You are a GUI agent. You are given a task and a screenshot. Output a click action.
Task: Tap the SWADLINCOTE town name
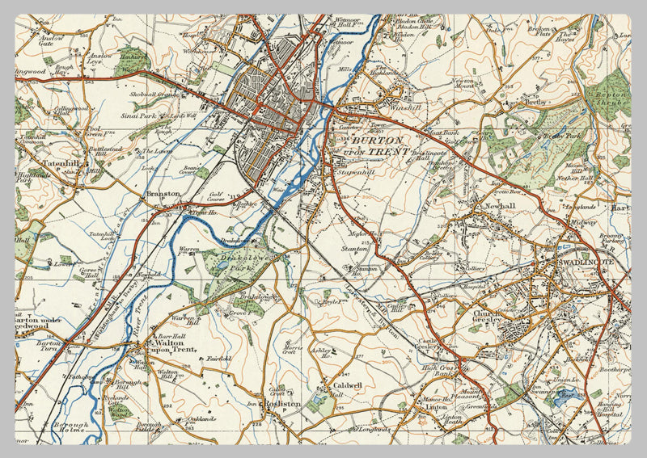pyautogui.click(x=581, y=264)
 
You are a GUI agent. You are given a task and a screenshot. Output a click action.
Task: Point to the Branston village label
pyautogui.click(x=162, y=195)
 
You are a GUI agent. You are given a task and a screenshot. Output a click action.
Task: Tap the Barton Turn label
pyautogui.click(x=48, y=347)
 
